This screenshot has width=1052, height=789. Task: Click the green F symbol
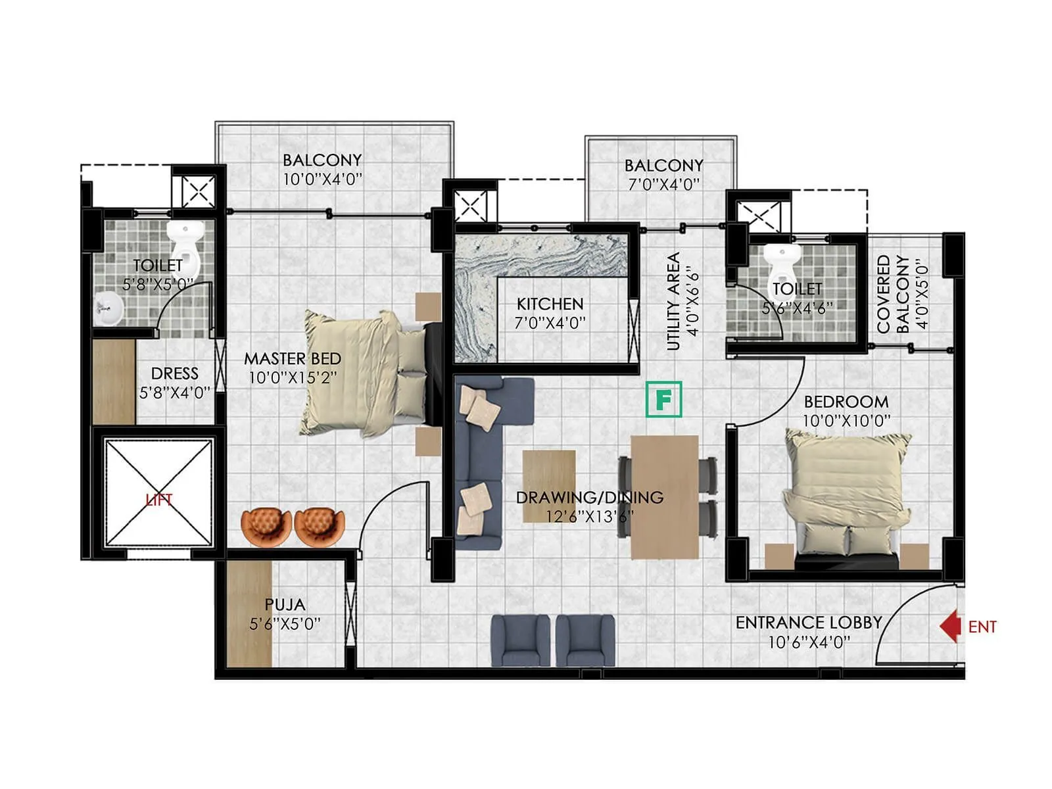663,399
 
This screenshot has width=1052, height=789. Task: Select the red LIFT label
158,500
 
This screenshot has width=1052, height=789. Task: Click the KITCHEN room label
550,304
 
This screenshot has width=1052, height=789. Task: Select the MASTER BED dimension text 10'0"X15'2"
293,377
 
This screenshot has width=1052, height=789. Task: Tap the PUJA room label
285,604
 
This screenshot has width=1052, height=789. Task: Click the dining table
664,497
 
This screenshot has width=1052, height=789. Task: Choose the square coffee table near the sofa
549,485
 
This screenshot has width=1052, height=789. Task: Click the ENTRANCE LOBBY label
808,622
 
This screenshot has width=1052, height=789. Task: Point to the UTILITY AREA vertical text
673,301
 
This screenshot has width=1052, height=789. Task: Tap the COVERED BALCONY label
893,294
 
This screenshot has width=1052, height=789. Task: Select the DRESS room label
174,373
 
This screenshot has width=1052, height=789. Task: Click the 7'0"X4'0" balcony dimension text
663,185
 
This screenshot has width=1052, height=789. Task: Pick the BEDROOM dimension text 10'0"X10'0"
846,421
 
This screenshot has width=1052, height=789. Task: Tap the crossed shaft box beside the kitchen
471,206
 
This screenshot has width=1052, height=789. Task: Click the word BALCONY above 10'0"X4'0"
322,160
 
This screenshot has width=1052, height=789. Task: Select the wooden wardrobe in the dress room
114,381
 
